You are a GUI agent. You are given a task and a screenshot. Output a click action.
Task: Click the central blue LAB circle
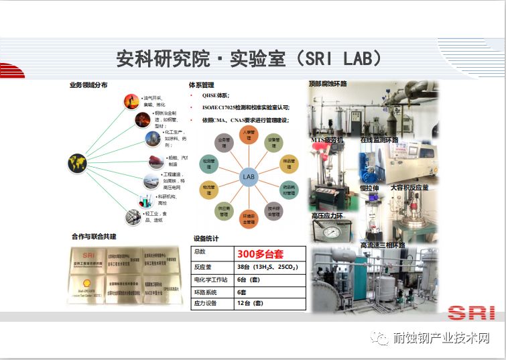tap(248, 177)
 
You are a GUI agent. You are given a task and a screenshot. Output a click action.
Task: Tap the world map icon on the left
tap(77, 163)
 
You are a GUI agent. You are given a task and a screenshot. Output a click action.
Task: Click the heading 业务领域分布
tap(88, 85)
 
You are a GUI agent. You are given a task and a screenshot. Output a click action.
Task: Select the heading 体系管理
tap(201, 85)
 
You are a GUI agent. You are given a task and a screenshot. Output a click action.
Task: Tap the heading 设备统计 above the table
tap(206, 239)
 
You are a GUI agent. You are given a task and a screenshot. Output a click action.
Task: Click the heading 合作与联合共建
tap(94, 237)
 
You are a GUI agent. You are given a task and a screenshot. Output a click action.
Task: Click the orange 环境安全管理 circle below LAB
tap(249, 218)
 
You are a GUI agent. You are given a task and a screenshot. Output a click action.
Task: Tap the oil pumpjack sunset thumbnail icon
tap(131, 101)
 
